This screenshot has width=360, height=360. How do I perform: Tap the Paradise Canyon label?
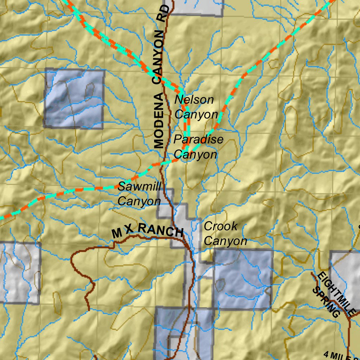click(x=198, y=147)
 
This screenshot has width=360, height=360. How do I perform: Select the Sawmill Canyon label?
click(x=139, y=194)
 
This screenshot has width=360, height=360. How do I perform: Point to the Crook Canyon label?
click(x=225, y=233)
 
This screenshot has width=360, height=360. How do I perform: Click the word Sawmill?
click(x=139, y=186)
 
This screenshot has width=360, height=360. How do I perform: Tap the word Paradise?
click(x=198, y=139)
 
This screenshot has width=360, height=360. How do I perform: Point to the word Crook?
click(x=221, y=226)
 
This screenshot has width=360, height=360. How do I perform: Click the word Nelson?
click(x=194, y=99)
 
